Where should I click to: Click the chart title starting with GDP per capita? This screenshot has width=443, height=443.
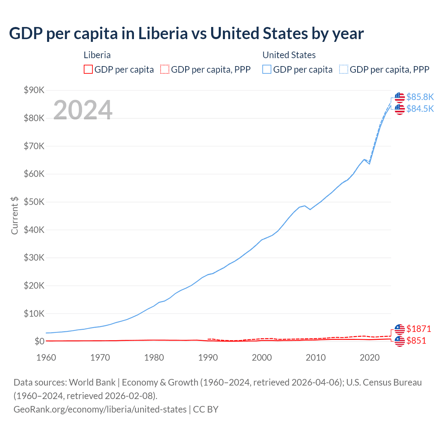pos(186,34)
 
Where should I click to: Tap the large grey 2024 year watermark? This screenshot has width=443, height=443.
pos(83,110)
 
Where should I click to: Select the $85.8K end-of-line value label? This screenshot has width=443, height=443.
pos(420,97)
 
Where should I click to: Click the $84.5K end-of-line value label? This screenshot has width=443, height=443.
pos(420,109)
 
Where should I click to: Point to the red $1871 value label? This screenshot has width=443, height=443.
pos(419,329)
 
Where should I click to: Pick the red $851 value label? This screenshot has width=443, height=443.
pos(416,341)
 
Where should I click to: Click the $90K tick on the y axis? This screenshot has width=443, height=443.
pos(34,90)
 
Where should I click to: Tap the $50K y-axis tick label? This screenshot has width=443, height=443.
pos(34,202)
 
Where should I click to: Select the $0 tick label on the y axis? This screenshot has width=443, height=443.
pos(39,342)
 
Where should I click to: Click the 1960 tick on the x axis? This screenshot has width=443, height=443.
pos(46,358)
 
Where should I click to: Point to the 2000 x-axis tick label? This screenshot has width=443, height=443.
pos(262,358)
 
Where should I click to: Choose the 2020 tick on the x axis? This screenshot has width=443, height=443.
pos(370,358)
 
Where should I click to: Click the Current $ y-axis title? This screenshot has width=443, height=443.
pos(15,215)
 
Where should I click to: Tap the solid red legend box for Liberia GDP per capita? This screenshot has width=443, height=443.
pos(88,70)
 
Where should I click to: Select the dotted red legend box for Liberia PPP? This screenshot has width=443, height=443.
pos(165,70)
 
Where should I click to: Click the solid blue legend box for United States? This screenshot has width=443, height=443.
pos(267,70)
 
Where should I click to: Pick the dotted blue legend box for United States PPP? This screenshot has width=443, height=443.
pos(344,70)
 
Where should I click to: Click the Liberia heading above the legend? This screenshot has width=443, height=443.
pos(97,55)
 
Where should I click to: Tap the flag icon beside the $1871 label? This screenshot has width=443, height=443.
pos(400,329)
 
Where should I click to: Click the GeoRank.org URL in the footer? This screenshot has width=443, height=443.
pos(100,409)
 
